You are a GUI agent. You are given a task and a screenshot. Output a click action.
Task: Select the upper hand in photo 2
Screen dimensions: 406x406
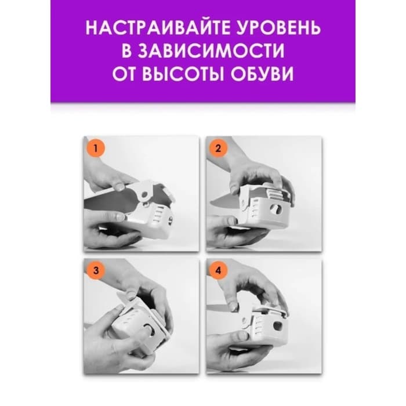255,174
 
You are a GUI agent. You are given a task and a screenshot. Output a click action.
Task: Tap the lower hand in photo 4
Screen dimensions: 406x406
232,351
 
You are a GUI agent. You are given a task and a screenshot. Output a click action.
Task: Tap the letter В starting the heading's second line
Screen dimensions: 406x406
128,52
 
